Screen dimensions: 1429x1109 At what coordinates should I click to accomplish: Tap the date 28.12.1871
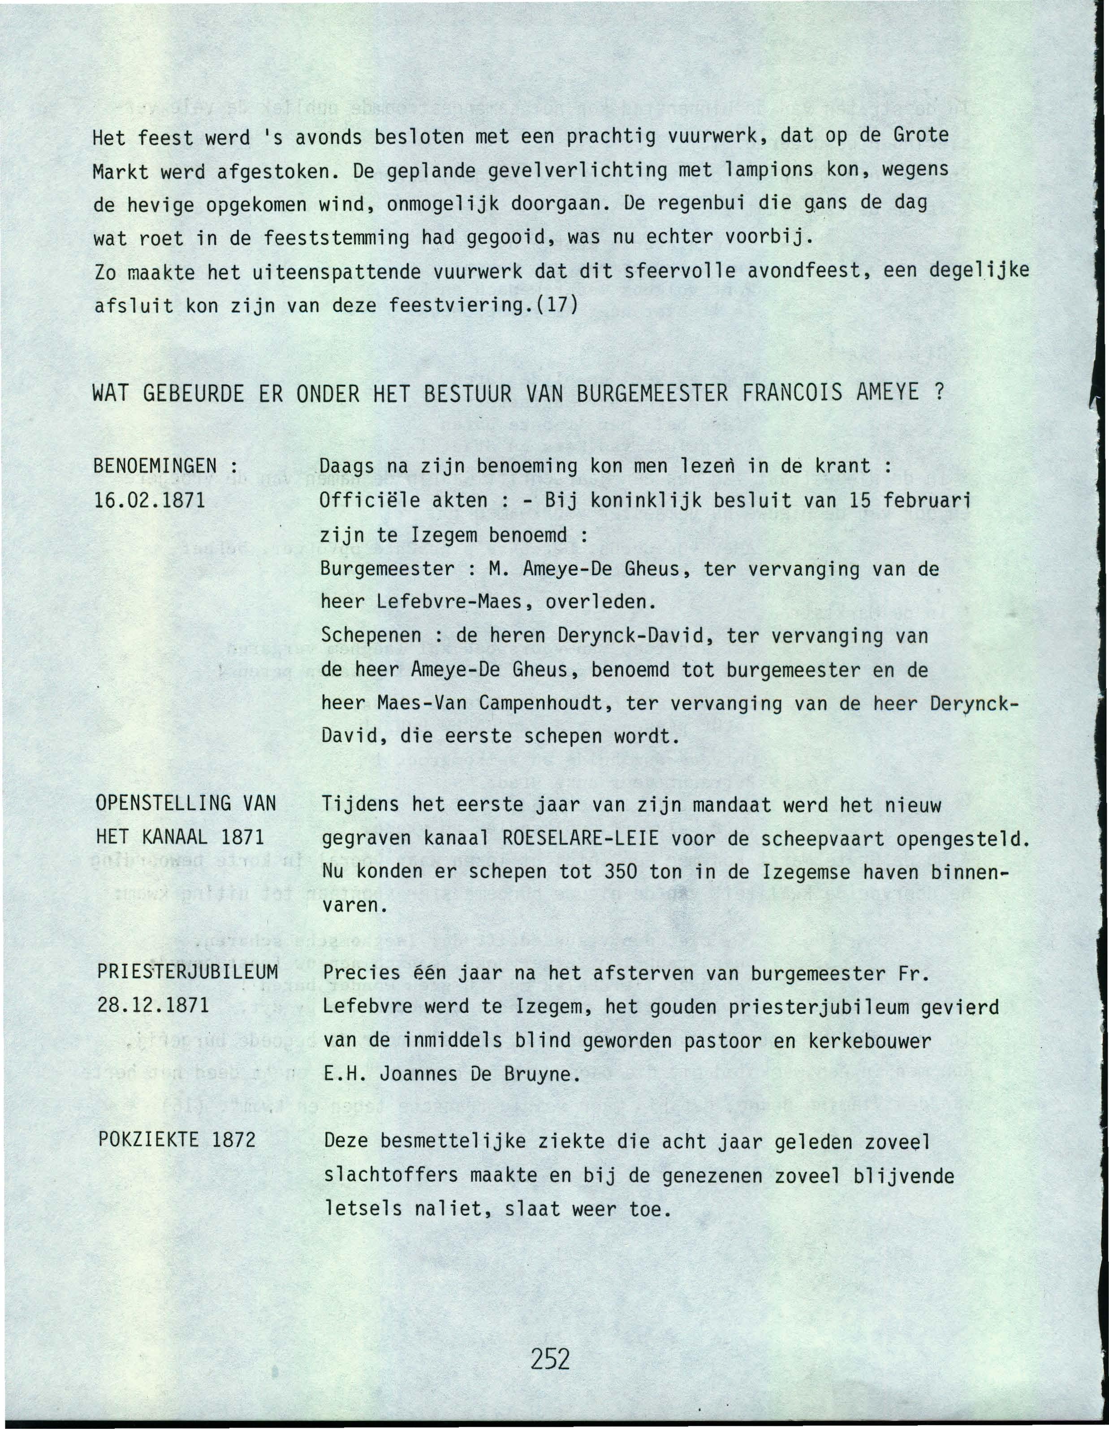click(x=153, y=1006)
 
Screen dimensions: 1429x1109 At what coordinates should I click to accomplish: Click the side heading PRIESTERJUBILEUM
click(x=188, y=972)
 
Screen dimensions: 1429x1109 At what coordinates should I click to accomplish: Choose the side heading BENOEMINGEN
click(x=155, y=466)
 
